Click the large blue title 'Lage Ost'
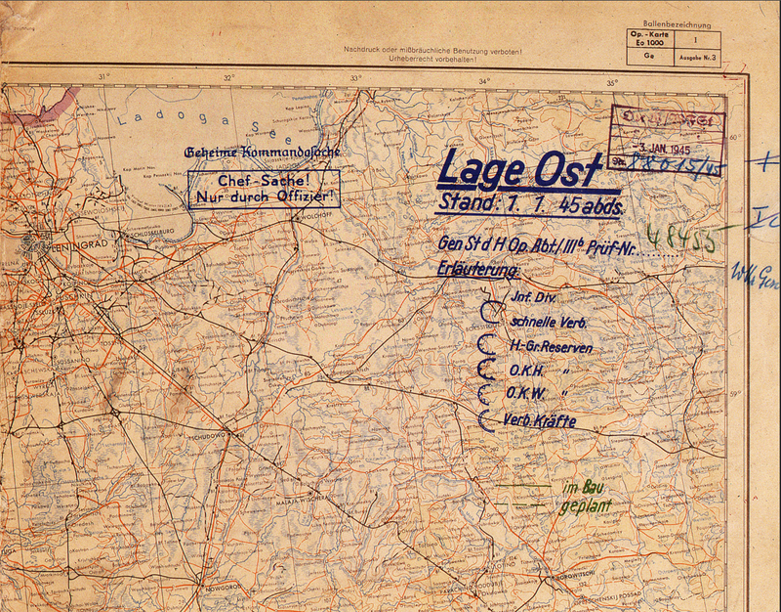[519, 170]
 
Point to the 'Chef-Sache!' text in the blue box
[265, 182]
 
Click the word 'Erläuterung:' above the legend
[478, 270]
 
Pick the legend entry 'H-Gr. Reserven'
[551, 347]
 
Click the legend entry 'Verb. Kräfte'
[540, 421]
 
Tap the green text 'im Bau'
[580, 488]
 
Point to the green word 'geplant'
[587, 506]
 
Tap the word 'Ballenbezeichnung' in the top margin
[677, 24]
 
